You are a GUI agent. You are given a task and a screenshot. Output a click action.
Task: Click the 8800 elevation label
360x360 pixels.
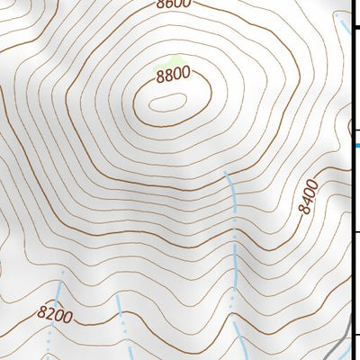[x=173, y=76]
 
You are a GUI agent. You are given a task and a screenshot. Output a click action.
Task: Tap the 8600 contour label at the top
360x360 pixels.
[x=173, y=4]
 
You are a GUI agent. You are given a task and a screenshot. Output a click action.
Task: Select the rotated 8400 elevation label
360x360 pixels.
[x=309, y=195]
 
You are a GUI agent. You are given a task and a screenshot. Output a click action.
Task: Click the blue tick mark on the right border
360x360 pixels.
[x=355, y=144]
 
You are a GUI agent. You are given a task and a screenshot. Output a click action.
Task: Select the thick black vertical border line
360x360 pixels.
[x=351, y=180]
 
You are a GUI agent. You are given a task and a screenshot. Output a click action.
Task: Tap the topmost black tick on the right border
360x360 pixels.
[x=355, y=30]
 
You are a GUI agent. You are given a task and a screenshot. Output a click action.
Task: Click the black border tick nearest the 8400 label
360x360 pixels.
[x=355, y=232]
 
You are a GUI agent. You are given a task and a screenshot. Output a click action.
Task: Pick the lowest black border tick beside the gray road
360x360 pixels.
[x=355, y=335]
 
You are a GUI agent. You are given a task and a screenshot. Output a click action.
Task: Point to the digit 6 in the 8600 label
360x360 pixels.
[x=167, y=4]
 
